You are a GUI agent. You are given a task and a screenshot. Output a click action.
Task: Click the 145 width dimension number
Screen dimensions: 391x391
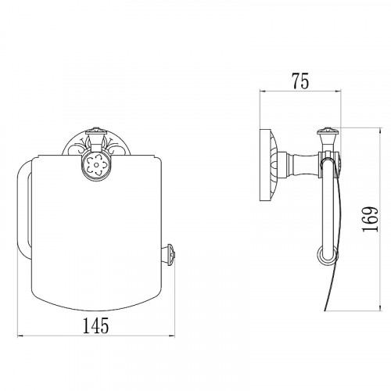[95, 325]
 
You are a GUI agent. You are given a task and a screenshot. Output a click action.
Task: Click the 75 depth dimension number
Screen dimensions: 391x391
[300, 81]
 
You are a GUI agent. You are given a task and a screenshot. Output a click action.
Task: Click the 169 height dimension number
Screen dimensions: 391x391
[370, 219]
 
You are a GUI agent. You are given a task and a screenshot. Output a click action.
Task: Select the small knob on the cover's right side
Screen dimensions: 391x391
[169, 253]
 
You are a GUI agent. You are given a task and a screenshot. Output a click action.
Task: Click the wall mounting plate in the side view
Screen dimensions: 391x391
[268, 165]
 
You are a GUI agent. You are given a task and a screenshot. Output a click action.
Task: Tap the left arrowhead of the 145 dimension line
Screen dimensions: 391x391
[20, 336]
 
